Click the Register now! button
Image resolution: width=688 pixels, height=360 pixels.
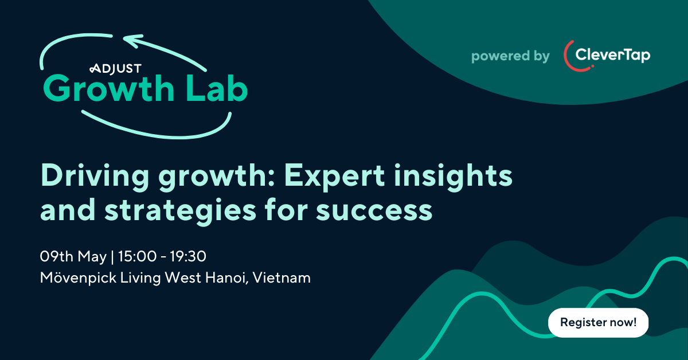(598, 322)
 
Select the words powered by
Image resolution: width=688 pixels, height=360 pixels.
(510, 56)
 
